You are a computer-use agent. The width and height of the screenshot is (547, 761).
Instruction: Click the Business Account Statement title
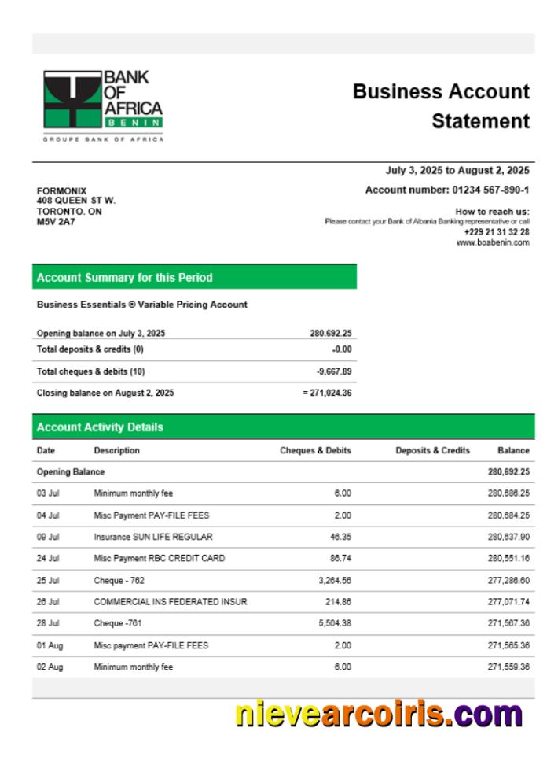pos(441,106)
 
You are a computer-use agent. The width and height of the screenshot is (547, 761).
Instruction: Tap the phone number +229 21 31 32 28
pos(496,232)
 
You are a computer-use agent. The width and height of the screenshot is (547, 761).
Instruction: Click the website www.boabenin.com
pos(493,242)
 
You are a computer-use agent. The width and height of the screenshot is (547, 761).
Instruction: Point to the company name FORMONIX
pos(62,191)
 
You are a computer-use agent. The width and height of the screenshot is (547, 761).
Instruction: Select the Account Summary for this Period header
pos(124,277)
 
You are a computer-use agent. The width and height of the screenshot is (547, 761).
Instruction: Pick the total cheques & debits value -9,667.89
pos(334,371)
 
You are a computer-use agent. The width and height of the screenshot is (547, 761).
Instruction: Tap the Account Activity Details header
pos(100,427)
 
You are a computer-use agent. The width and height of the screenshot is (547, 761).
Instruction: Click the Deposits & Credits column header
pos(432,451)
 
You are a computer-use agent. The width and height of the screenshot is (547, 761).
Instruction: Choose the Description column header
pos(116,451)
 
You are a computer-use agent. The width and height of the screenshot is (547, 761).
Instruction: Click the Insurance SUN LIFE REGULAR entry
pos(152,537)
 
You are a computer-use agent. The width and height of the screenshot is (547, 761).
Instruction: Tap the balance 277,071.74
pos(508,602)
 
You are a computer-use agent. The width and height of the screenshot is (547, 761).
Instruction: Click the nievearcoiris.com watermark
pos(379,715)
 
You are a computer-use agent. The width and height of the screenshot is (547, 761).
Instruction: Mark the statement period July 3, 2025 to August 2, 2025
pos(457,170)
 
